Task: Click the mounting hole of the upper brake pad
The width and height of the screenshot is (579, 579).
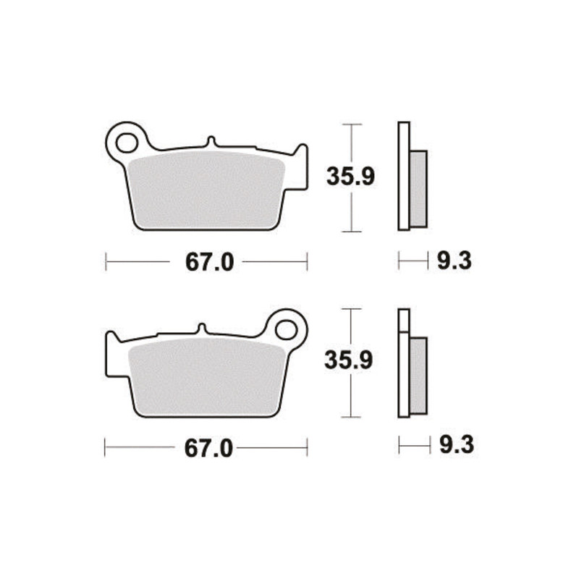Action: tap(127, 143)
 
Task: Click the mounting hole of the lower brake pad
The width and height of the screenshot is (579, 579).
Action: tap(286, 330)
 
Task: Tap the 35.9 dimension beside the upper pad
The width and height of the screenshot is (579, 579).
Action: tap(350, 177)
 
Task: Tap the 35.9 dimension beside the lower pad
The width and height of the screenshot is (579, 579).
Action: tap(349, 360)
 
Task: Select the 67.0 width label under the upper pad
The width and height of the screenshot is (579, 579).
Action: tap(209, 262)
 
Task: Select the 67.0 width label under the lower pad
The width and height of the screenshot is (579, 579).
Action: tap(208, 448)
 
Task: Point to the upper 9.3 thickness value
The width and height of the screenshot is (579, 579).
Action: tap(455, 261)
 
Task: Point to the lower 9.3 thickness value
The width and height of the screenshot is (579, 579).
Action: tap(457, 444)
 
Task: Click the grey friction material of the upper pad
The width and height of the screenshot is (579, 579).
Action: tap(206, 190)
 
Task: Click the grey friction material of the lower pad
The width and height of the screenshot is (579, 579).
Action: tap(208, 377)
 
